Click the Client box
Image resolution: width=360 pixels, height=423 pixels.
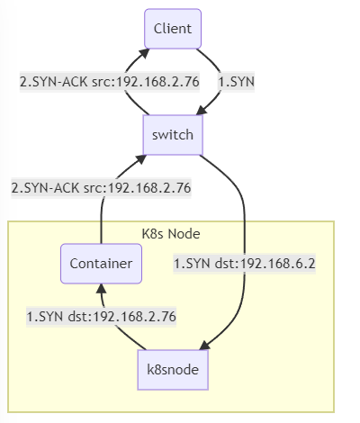pyautogui.click(x=173, y=29)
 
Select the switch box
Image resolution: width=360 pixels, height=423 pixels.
pyautogui.click(x=173, y=135)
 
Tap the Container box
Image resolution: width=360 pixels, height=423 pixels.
pyautogui.click(x=101, y=264)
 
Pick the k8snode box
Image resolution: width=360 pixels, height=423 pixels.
pyautogui.click(x=173, y=370)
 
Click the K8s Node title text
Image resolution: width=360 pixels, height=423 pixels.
pyautogui.click(x=171, y=234)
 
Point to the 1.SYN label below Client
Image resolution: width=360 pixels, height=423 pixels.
pyautogui.click(x=237, y=82)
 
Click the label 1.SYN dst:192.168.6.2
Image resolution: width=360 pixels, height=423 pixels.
pyautogui.click(x=245, y=264)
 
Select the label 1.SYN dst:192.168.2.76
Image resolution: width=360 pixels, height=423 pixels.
pyautogui.click(x=102, y=317)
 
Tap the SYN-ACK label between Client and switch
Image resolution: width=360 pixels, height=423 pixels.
pyautogui.click(x=110, y=82)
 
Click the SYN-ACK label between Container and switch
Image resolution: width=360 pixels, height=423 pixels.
pyautogui.click(x=101, y=188)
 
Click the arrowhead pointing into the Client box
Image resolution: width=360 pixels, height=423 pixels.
pyautogui.click(x=145, y=53)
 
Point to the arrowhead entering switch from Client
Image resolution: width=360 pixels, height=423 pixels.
pyautogui.click(x=202, y=111)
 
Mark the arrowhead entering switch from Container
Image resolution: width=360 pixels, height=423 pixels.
pyautogui.click(x=141, y=158)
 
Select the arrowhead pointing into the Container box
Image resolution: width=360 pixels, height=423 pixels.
pyautogui.click(x=102, y=288)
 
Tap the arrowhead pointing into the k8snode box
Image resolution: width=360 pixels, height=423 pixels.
pyautogui.click(x=205, y=346)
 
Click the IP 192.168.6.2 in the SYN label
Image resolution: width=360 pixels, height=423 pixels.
pyautogui.click(x=278, y=264)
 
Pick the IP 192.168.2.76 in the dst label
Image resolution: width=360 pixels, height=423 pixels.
pyautogui.click(x=134, y=317)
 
